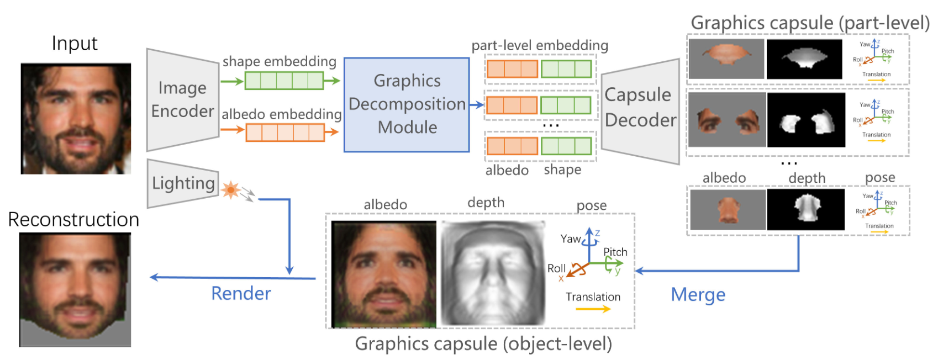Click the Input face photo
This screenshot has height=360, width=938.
(x=76, y=118)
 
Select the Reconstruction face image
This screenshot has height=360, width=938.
(x=75, y=289)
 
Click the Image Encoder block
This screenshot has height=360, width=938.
(x=182, y=100)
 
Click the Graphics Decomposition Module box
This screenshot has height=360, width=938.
(x=407, y=104)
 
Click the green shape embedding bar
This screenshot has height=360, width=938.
(x=284, y=81)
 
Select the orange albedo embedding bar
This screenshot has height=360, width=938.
(x=284, y=132)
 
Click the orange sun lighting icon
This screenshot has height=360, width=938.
(x=230, y=190)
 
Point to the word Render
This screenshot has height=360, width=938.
(x=241, y=293)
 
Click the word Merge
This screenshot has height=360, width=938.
(x=698, y=294)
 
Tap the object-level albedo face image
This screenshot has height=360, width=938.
(x=384, y=274)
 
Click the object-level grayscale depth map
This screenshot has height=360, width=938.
(x=493, y=274)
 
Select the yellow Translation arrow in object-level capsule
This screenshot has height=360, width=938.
(x=593, y=309)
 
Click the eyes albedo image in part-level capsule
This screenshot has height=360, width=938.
(x=726, y=120)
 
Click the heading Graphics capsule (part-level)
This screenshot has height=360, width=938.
(x=810, y=23)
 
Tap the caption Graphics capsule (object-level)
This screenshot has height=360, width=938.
(x=483, y=343)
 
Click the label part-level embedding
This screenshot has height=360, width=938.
(x=540, y=45)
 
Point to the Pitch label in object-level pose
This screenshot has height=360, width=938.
(x=615, y=252)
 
